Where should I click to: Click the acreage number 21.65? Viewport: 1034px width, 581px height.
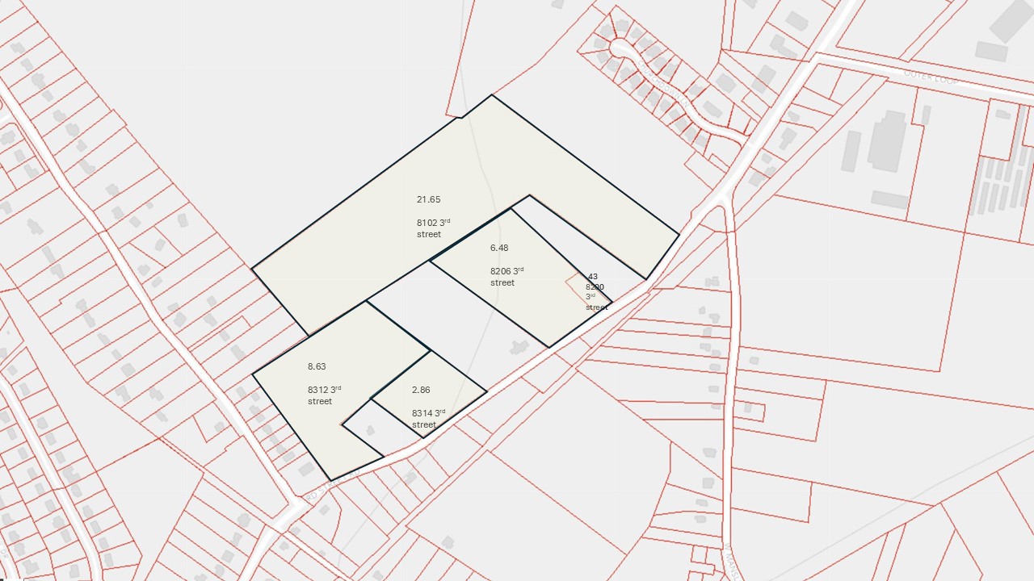point(428,199)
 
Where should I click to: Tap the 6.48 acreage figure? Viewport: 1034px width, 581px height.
point(499,248)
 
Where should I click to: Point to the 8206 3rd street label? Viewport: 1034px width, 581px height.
point(506,277)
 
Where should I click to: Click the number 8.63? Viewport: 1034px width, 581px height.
point(317,366)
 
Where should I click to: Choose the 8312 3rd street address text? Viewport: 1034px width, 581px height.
point(324,395)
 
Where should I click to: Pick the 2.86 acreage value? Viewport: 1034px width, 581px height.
point(421,390)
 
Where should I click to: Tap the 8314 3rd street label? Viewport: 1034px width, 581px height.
point(427,418)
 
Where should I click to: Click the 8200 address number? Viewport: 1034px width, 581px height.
point(595,286)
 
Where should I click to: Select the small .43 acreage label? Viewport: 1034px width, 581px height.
point(592,277)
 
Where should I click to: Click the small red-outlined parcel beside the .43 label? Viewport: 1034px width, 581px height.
point(577,288)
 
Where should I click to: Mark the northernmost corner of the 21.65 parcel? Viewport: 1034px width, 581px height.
point(491,95)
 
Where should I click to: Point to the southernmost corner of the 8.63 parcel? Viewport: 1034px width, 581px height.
point(331,481)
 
